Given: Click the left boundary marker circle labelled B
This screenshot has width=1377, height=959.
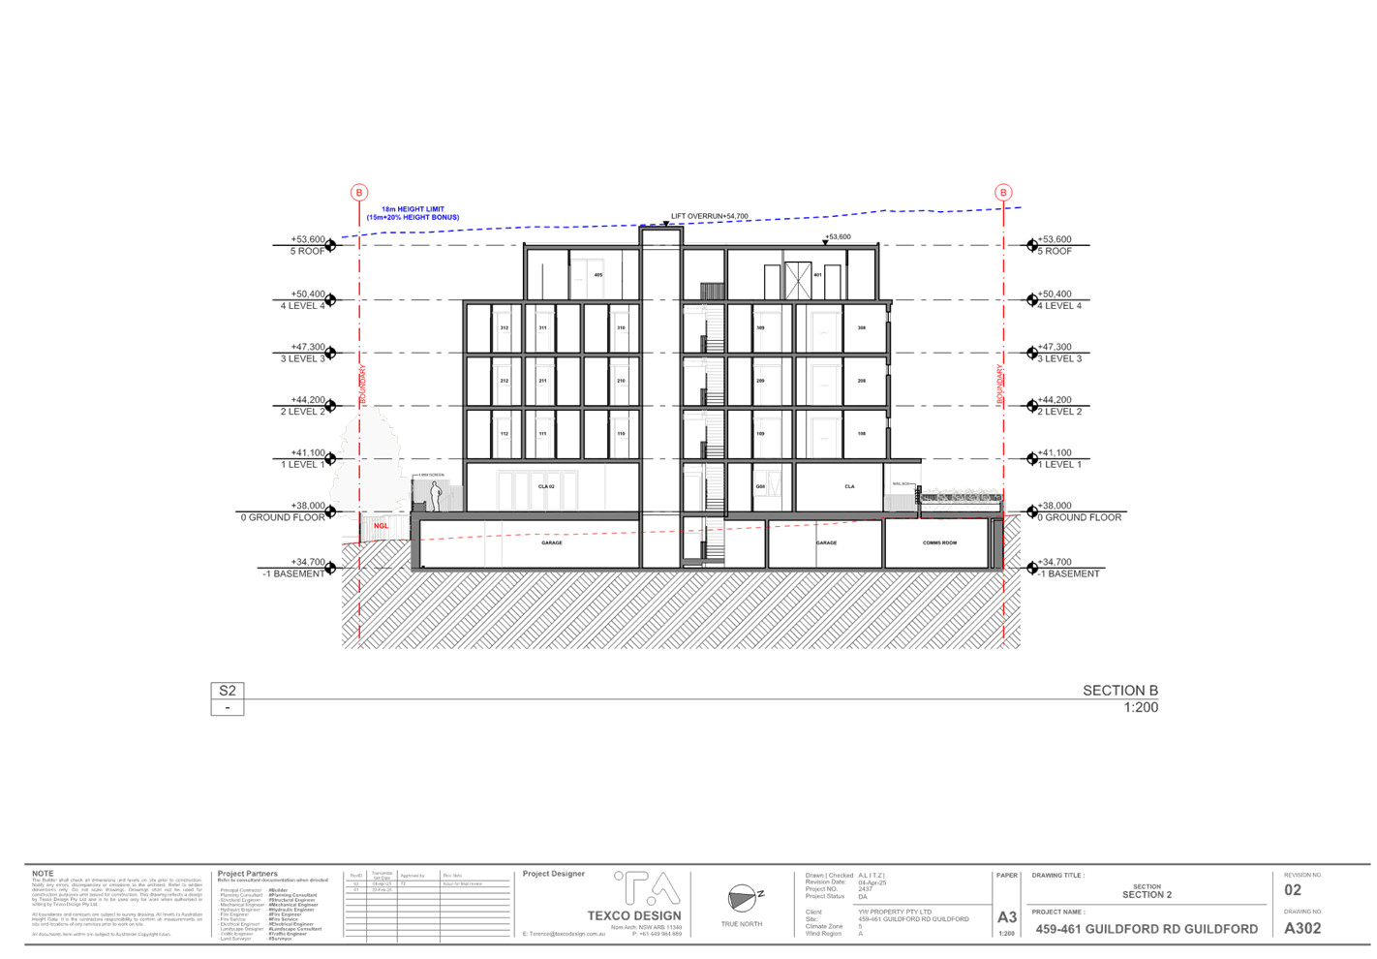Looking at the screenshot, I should [x=359, y=192].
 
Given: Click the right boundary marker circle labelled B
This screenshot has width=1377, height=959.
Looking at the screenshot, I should [x=1004, y=192].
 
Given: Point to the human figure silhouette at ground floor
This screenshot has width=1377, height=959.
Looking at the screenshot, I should [x=436, y=496].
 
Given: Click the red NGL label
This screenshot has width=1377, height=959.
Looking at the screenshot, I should [x=381, y=527].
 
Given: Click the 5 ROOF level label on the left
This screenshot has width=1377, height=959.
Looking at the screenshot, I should [x=308, y=251].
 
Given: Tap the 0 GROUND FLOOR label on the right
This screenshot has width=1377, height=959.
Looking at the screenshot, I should [x=1084, y=518].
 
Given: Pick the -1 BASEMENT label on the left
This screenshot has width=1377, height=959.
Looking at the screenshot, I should [x=293, y=573].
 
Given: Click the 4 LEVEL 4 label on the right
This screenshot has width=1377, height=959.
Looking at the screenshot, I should [x=1061, y=305].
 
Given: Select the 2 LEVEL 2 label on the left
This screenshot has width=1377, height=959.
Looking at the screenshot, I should [x=303, y=412].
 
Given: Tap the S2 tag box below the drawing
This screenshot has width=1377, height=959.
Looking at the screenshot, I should [x=228, y=691].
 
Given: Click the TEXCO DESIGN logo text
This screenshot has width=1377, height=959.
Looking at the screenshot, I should [x=634, y=915].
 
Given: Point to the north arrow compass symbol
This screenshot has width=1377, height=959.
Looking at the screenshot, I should [x=743, y=899].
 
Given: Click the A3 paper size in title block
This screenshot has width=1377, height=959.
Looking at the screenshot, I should [x=1007, y=916].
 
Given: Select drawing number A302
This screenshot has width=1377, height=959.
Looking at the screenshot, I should [x=1302, y=929].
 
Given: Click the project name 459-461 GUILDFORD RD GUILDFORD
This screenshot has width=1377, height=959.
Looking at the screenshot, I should [x=1147, y=929].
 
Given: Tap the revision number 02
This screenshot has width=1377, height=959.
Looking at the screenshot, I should [x=1293, y=890].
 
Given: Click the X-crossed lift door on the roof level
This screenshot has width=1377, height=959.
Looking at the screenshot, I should [x=797, y=280].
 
